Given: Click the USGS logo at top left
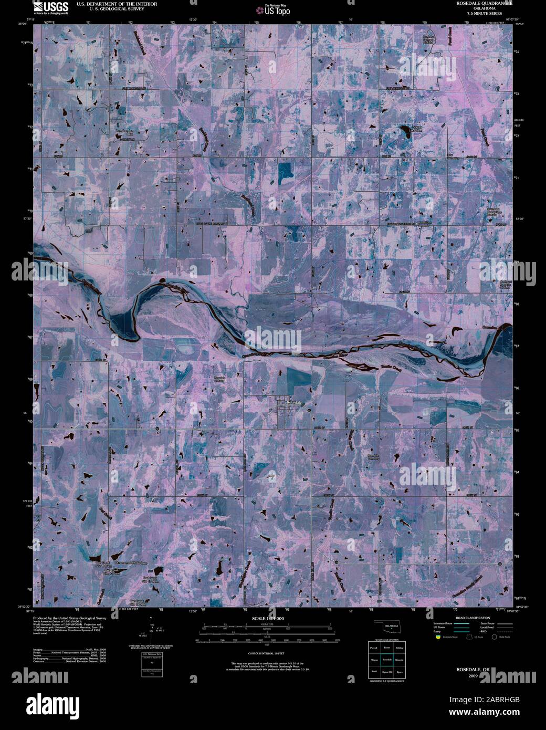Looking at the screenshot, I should pos(50,7).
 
